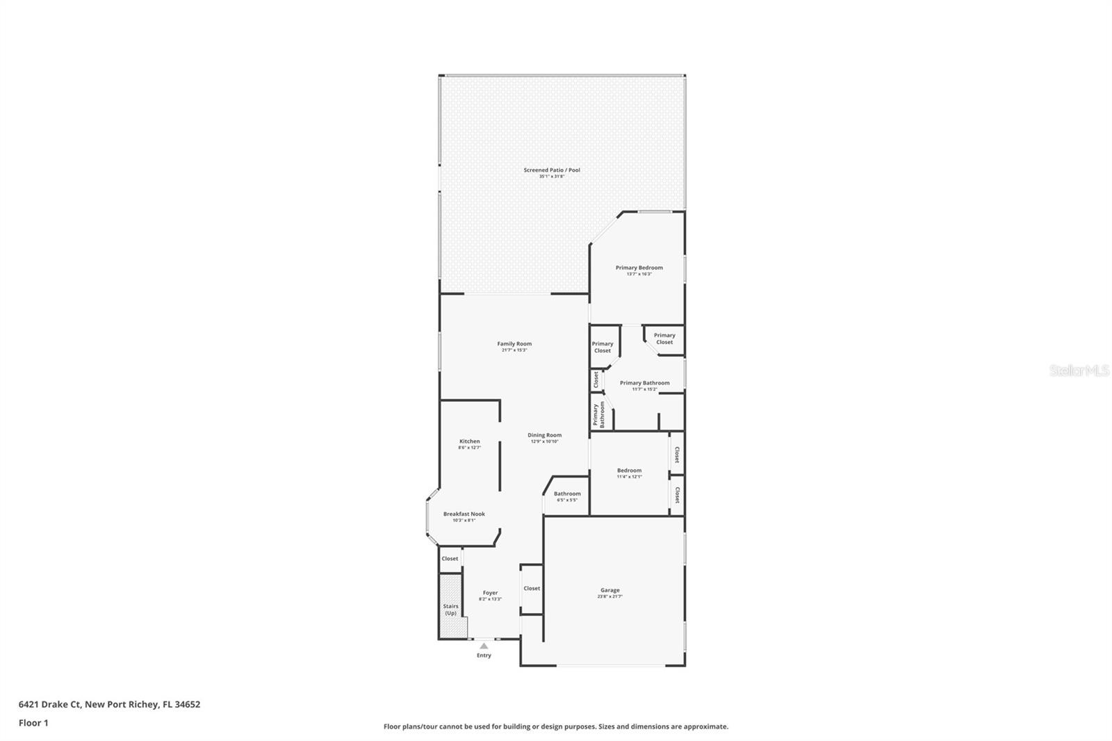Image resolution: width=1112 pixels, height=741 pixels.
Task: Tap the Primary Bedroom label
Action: (639, 268)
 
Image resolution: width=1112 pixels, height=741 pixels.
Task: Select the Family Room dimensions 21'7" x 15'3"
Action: (514, 350)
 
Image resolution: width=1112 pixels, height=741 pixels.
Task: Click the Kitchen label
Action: (469, 441)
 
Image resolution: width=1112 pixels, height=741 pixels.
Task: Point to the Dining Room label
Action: (544, 435)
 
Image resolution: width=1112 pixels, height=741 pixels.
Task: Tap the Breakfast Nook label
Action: (464, 514)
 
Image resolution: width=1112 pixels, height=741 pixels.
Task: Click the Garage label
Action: (610, 590)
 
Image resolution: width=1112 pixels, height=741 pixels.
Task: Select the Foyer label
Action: (490, 593)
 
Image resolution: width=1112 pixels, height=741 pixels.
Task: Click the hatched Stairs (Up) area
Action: (450, 606)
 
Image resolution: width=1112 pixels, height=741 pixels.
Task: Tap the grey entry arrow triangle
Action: (484, 646)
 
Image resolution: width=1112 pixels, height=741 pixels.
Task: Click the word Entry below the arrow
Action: (484, 655)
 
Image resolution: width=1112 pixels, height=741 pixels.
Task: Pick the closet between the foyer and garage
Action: (532, 588)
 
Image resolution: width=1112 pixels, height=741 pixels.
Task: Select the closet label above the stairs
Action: (450, 558)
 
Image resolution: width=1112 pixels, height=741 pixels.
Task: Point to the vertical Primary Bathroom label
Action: (598, 414)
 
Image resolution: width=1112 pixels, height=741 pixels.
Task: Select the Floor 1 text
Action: (33, 723)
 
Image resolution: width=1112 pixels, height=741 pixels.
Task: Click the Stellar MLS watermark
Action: (1079, 371)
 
